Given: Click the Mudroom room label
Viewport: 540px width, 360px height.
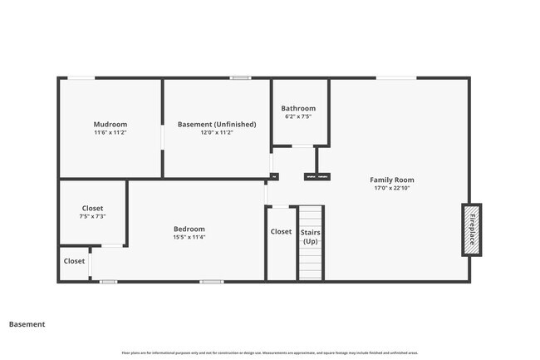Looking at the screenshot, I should [110, 124].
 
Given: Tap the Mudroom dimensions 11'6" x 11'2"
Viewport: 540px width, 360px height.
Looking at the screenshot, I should [110, 132].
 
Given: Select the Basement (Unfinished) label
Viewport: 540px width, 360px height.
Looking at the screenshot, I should [217, 124].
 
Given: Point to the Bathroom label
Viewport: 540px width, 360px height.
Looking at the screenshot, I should [298, 108].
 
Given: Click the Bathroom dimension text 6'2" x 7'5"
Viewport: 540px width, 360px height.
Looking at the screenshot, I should [298, 116].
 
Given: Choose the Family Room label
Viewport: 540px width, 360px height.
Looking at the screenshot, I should [392, 180].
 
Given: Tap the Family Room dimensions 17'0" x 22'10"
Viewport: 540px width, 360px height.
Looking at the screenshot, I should [392, 188].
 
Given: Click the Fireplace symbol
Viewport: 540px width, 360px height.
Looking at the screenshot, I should [472, 229].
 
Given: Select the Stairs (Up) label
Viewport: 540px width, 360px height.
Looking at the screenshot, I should [310, 236].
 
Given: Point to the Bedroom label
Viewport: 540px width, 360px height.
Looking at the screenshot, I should [189, 229].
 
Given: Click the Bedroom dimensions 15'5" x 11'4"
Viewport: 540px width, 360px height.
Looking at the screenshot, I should [189, 237].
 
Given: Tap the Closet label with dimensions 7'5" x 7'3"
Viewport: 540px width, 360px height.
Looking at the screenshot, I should [92, 208].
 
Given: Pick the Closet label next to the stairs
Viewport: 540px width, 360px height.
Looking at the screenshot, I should [281, 231].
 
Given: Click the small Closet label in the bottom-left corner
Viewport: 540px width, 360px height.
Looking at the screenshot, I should [74, 261].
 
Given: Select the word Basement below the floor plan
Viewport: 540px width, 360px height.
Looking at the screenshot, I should [27, 324].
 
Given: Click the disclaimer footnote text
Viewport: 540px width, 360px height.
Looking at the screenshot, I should [269, 353].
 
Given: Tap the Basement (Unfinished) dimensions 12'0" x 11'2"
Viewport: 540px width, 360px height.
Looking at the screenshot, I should [217, 132].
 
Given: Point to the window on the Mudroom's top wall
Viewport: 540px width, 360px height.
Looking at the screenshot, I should [81, 78].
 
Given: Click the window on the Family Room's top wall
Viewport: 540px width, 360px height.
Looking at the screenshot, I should [396, 78].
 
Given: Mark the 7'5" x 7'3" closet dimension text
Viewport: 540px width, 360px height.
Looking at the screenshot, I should [92, 216].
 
